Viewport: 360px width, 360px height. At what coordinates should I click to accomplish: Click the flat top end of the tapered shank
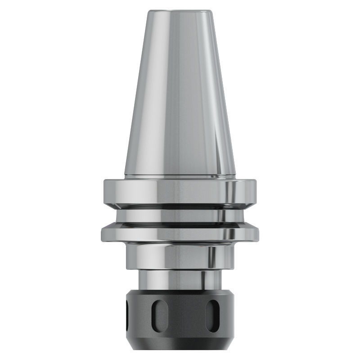(180, 9)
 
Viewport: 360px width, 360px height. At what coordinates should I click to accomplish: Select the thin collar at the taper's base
(180, 176)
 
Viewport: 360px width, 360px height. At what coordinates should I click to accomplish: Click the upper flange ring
(180, 191)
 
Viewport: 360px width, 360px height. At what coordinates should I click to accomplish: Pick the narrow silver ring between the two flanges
(180, 217)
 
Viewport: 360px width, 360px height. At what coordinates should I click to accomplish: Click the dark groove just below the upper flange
(180, 207)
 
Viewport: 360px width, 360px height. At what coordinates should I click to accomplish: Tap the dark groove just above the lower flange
(180, 224)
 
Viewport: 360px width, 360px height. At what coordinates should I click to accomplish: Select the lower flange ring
(180, 233)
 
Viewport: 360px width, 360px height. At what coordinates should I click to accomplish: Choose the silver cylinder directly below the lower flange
(180, 254)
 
